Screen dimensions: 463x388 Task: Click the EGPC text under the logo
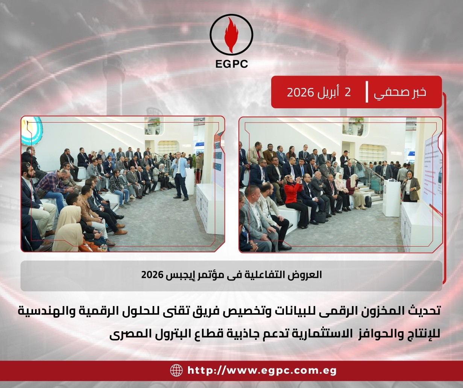232,64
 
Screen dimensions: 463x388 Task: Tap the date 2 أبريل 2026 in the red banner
319,92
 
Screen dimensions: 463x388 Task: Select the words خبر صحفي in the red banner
400,92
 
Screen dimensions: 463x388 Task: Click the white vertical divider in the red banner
367,92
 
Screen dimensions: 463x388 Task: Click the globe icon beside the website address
176,370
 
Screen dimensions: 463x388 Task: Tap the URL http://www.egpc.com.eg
262,371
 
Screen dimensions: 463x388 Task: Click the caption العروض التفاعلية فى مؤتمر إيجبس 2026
232,275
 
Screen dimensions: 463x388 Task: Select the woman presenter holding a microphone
410,186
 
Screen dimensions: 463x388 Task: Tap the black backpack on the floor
368,202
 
